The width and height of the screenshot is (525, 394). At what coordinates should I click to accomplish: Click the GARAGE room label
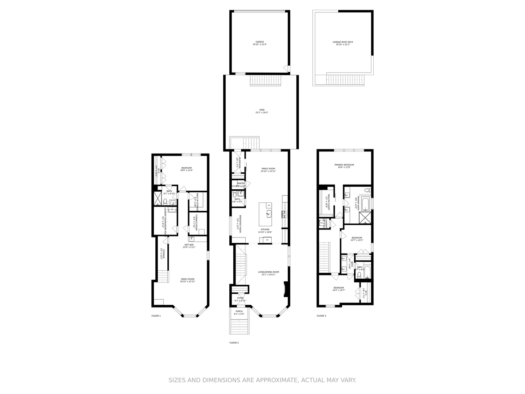point(260,42)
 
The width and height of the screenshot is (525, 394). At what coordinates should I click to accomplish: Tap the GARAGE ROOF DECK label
point(343,42)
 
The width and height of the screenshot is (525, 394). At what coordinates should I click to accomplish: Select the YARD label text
point(262,110)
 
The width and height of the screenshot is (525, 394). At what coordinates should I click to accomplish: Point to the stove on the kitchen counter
point(283,213)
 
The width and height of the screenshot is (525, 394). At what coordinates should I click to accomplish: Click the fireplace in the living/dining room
point(287,290)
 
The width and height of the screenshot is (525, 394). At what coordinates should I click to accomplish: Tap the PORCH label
point(239,311)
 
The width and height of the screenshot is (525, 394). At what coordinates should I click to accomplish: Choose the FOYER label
point(240,298)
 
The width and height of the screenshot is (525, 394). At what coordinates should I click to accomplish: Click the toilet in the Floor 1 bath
point(165,201)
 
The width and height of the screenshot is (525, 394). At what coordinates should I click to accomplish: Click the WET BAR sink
point(192,239)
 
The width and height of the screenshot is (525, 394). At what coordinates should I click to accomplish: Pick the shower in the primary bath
point(365,217)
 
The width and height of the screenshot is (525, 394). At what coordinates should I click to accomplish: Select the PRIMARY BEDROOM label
point(344,165)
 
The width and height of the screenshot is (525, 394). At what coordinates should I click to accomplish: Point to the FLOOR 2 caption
point(234,343)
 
